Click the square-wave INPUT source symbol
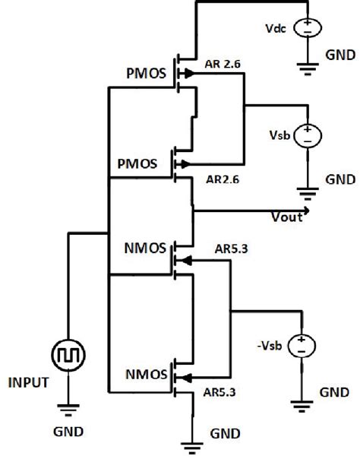tap(68, 354)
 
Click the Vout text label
tap(287, 217)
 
